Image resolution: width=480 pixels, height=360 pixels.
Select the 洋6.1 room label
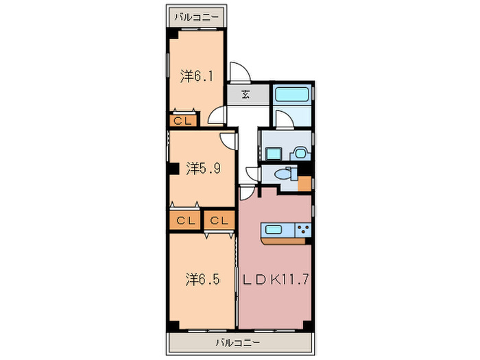pos(197,76)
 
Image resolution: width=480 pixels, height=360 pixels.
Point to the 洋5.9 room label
pos(202,167)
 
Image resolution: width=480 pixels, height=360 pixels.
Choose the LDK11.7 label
pos(274,280)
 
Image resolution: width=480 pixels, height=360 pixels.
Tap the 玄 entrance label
pos(245,95)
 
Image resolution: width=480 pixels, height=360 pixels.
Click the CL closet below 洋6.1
pos(182,121)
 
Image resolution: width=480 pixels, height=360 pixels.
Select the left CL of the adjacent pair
pos(184,221)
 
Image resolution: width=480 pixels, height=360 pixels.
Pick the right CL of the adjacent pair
pos(219,221)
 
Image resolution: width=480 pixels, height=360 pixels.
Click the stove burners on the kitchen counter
pos(303,230)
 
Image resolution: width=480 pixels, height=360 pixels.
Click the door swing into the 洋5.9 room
pos(229,139)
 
